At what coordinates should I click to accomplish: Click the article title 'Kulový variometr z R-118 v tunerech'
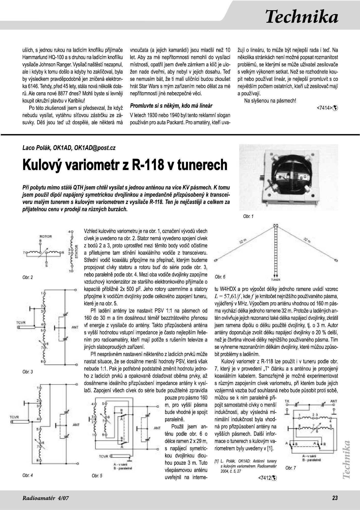point(125,165)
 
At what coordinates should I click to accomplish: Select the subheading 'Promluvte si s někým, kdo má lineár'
point(171,105)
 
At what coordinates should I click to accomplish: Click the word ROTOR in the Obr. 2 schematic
point(46,236)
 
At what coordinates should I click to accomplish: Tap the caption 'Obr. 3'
point(28,372)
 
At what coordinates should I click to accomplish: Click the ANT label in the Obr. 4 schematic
point(76,425)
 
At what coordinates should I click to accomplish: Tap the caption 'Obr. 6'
point(220,277)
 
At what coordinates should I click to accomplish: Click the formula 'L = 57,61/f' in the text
point(228,296)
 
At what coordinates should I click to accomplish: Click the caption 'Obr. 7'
point(290,468)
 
